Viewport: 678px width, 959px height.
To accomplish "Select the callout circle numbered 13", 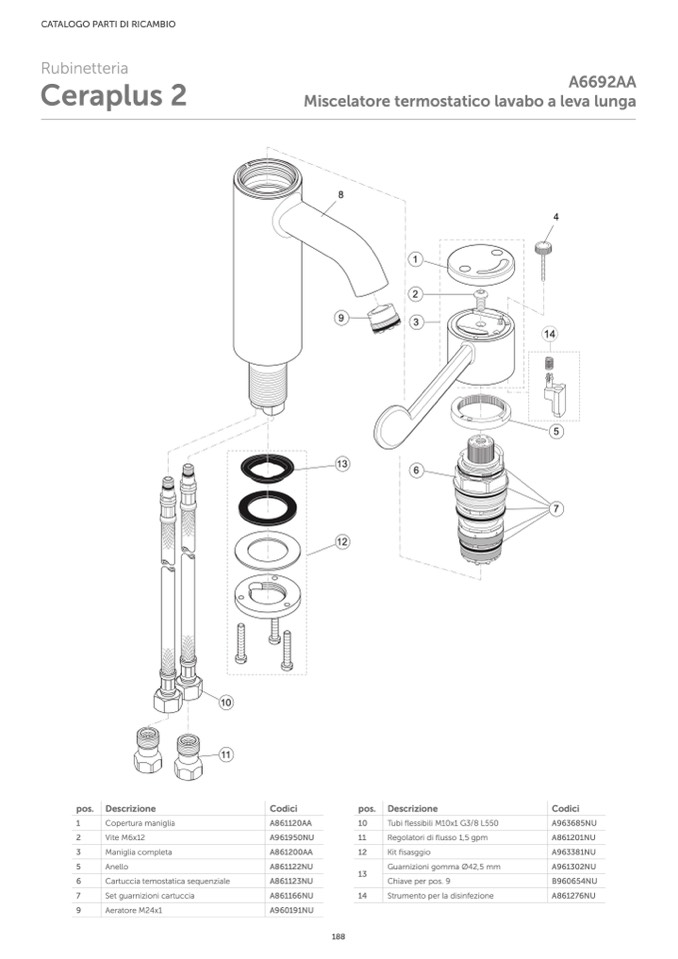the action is click(342, 464).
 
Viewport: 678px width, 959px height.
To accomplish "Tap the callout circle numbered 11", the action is click(226, 755).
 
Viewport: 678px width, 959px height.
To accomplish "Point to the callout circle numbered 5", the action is click(556, 431).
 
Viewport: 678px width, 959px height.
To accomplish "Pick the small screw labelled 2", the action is click(481, 299).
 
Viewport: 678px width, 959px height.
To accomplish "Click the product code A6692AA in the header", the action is click(602, 82).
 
